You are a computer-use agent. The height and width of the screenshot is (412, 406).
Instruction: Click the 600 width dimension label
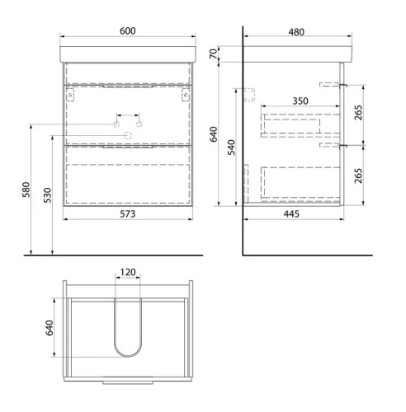(x=128, y=31)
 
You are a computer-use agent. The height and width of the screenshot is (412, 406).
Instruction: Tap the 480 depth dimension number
(x=296, y=32)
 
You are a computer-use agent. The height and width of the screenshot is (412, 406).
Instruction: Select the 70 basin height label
(x=214, y=54)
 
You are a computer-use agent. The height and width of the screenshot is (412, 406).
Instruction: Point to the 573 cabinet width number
(x=128, y=214)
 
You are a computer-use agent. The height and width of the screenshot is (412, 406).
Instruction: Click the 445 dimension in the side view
(x=291, y=214)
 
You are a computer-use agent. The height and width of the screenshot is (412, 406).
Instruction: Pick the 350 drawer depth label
(x=300, y=101)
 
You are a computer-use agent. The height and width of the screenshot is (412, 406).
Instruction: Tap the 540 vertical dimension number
(x=232, y=147)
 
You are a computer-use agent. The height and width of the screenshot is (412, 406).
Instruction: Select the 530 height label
(x=48, y=195)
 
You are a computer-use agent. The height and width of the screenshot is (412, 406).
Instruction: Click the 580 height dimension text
(x=26, y=190)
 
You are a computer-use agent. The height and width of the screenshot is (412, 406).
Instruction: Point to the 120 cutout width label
(x=128, y=272)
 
